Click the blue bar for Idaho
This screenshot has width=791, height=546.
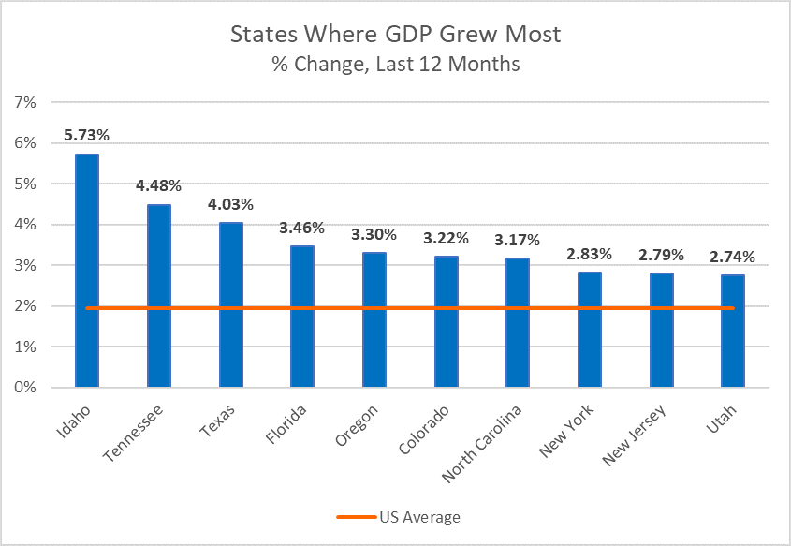point(87,271)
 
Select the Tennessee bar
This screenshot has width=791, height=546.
point(159,296)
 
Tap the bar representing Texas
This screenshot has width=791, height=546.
point(231,304)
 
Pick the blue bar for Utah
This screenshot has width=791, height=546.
point(733,331)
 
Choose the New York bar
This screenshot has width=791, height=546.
point(590,330)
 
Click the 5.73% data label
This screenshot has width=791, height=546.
point(86,135)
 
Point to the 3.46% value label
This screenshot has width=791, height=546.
point(301,228)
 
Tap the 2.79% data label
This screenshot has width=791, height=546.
point(662,255)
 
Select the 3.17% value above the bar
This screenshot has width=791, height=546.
point(517,240)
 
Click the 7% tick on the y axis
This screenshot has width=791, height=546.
point(25,102)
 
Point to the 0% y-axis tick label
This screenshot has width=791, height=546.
point(25,388)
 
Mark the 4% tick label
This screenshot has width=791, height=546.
point(25,225)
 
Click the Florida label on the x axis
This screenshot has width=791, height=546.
point(286,424)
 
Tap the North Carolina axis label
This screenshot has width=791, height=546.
point(481,444)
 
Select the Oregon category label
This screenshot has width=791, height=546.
point(356,425)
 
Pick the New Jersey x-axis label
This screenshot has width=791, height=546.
point(634,435)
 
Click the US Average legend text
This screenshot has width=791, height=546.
point(419,517)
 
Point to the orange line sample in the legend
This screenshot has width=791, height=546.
point(357,517)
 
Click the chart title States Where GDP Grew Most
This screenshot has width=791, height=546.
point(395,35)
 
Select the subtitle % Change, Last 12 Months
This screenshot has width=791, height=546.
point(396,64)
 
